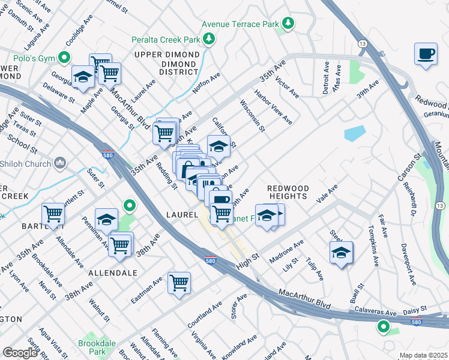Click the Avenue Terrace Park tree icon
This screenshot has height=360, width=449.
[289, 23]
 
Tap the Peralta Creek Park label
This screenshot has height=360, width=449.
[166, 40]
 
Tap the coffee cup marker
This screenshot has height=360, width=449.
[426, 55]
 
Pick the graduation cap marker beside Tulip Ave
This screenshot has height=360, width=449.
[341, 253]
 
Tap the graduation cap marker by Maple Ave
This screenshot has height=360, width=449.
[83, 77]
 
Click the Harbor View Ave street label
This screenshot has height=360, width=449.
[273, 108]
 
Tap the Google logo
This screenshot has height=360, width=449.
[20, 352]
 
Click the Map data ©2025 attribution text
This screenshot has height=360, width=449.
[423, 355]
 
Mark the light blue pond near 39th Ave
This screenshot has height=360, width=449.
[354, 133]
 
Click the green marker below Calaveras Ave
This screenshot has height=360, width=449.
[383, 327]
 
